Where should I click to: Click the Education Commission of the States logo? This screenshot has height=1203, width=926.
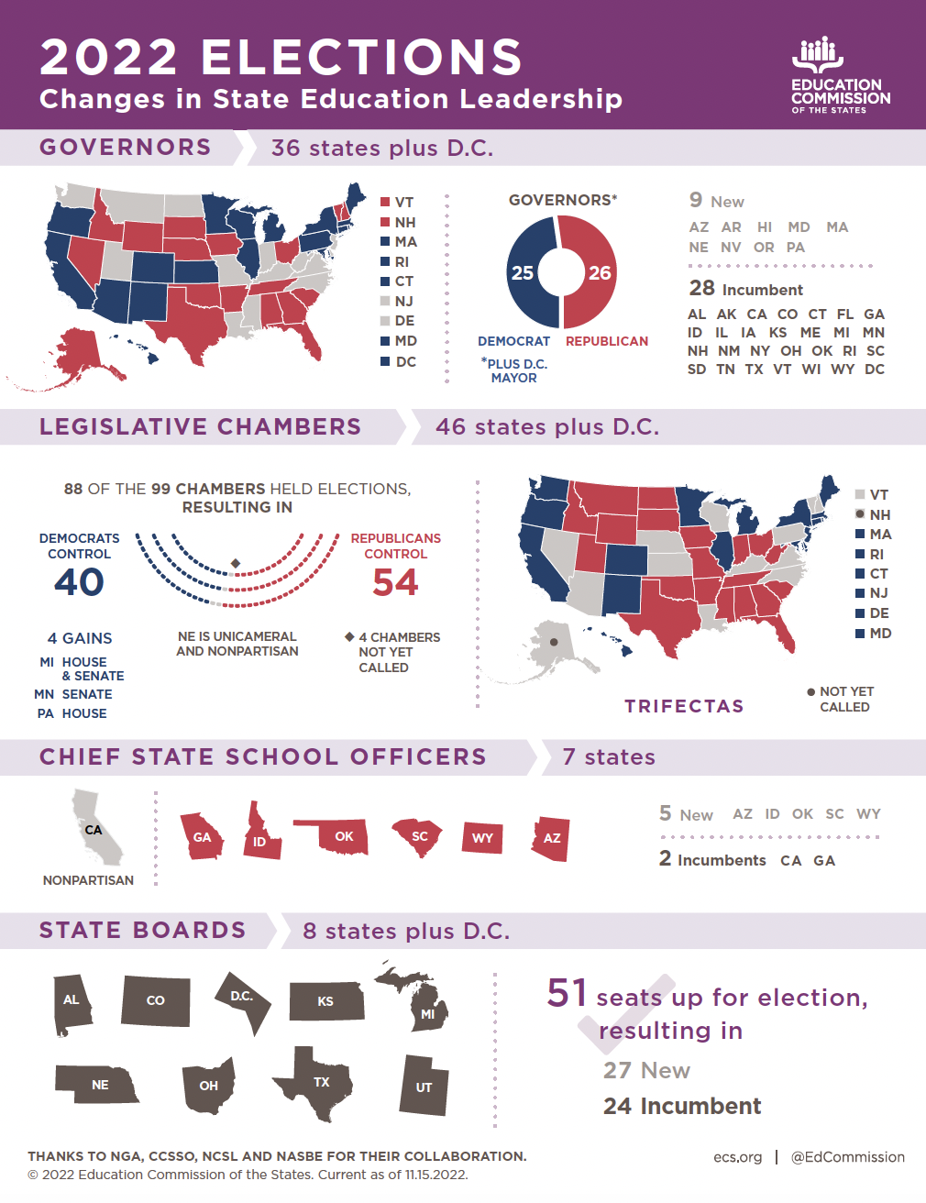tap(840, 76)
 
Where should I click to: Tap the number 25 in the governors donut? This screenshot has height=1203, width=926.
tap(523, 272)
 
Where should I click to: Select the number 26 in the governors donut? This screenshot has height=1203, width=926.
tap(600, 272)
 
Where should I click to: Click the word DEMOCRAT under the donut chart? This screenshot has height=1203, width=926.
tap(513, 341)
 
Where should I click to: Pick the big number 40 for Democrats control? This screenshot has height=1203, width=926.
tap(79, 582)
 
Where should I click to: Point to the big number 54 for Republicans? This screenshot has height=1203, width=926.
tap(395, 582)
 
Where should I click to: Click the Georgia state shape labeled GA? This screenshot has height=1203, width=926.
tap(202, 836)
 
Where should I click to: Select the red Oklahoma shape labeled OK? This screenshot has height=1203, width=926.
tap(341, 835)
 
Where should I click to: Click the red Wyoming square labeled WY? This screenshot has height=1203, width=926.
tap(482, 837)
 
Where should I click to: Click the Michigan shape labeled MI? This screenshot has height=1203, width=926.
tap(424, 1009)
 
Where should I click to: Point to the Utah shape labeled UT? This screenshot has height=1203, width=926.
tap(424, 1087)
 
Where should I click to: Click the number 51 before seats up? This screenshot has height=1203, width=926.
tap(567, 993)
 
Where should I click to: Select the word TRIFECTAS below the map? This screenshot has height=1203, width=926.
tap(684, 706)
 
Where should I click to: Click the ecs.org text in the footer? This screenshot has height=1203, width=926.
tap(737, 1157)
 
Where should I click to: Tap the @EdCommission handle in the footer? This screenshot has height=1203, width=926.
tap(847, 1157)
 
